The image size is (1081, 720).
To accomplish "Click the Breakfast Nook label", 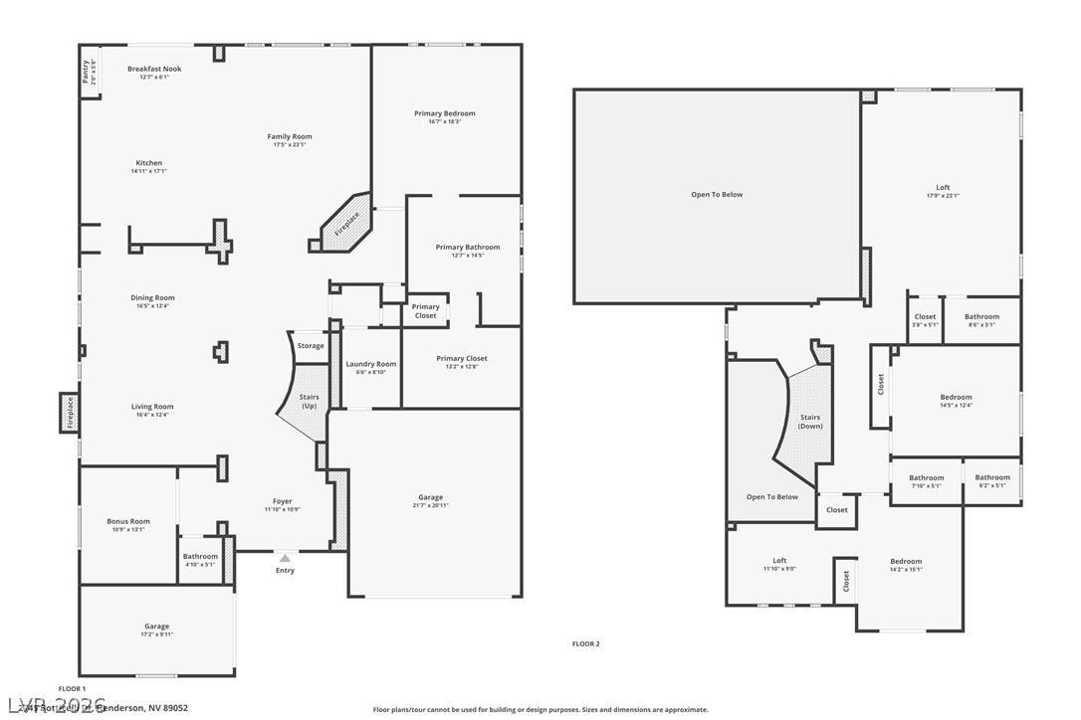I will [x=154, y=69].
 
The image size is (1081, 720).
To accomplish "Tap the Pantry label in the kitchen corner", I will [x=88, y=73].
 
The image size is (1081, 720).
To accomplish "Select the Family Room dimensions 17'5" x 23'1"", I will [x=290, y=144].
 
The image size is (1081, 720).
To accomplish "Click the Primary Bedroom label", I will [x=445, y=113].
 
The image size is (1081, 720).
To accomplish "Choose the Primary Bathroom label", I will [x=468, y=247].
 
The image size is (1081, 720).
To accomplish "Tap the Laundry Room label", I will [x=371, y=364].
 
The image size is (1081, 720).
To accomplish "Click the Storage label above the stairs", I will [x=311, y=346].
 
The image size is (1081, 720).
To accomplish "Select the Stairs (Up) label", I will [x=309, y=401].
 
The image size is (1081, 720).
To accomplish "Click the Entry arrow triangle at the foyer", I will [x=285, y=558].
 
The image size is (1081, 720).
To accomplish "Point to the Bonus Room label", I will [x=128, y=521].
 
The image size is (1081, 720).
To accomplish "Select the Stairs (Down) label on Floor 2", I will [x=809, y=422].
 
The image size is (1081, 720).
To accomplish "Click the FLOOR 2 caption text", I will [x=585, y=643].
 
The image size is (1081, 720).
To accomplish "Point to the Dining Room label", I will [x=152, y=297].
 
